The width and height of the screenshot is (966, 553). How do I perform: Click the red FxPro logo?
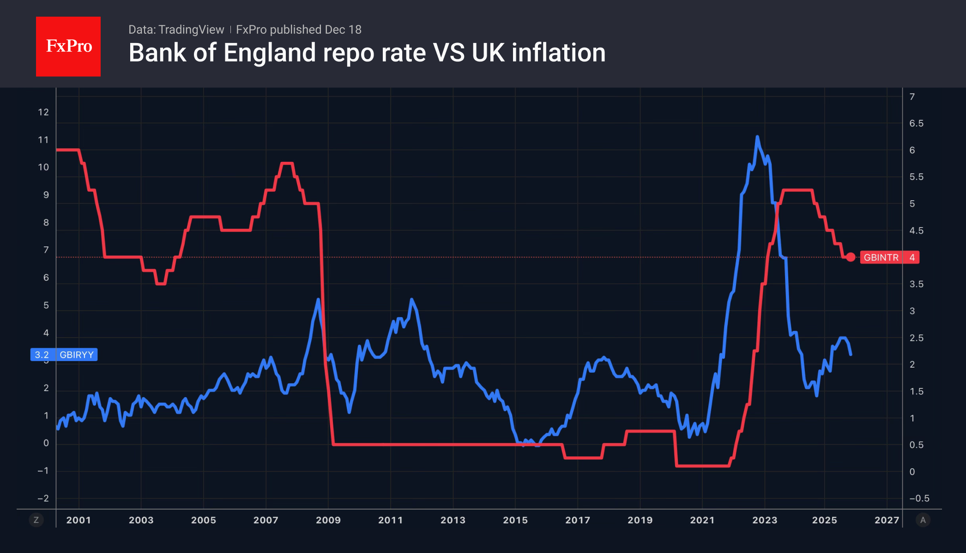pos(68,46)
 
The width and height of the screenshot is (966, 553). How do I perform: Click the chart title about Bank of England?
pos(367,53)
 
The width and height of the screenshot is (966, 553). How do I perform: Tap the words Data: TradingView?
pos(176,30)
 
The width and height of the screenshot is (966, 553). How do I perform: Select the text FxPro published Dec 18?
pos(299,30)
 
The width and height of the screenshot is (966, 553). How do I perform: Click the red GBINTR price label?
pos(889,258)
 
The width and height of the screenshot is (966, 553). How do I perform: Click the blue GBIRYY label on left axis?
pos(64,355)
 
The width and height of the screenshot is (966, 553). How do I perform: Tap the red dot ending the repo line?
pos(851,257)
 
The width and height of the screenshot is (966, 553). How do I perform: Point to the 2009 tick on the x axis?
pos(328,520)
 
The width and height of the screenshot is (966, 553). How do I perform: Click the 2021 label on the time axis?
pos(702,520)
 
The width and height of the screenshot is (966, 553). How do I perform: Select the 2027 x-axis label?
pos(887,520)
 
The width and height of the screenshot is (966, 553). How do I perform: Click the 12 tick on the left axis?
pos(43,112)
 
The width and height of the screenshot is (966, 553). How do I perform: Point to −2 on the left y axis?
pos(43,498)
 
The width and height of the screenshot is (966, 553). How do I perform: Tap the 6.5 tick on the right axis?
pos(916,123)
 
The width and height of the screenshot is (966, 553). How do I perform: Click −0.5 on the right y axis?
pos(919,498)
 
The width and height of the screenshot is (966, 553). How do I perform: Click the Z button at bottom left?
pos(36,520)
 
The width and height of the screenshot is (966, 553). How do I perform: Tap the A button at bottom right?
pos(923,520)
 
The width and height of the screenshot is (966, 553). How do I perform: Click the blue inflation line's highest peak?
pos(757,137)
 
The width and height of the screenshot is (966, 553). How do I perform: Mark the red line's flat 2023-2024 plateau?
pos(798,190)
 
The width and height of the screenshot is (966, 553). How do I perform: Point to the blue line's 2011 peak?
pos(411,300)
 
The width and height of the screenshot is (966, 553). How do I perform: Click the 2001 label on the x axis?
pos(78,520)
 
